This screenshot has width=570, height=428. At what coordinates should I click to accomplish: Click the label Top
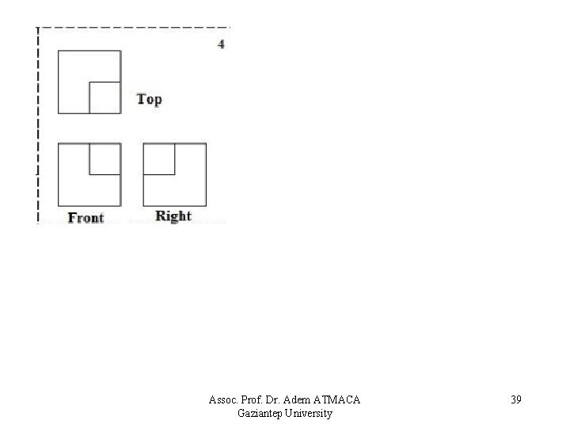[149, 99]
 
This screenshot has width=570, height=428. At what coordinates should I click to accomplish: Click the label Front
[86, 217]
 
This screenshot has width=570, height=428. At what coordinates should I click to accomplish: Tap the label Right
[173, 216]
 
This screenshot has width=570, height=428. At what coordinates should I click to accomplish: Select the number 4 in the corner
[221, 44]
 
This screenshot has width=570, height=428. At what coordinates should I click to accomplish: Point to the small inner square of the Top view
[104, 97]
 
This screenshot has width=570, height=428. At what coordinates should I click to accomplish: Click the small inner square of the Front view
[104, 159]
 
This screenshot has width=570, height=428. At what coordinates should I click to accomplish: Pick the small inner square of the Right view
[159, 159]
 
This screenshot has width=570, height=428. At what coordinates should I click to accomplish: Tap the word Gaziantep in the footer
[260, 413]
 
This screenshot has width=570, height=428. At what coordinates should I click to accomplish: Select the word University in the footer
[310, 413]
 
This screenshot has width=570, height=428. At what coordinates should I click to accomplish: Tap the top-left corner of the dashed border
[37, 29]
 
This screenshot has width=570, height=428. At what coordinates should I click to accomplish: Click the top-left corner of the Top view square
[59, 52]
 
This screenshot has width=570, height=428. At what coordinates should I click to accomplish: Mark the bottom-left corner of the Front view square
[59, 205]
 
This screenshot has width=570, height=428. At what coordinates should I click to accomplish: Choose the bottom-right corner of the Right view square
[206, 205]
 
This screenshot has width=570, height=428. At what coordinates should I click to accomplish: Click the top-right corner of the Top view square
[120, 52]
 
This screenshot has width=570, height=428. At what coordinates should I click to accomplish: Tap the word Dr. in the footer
[275, 399]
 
